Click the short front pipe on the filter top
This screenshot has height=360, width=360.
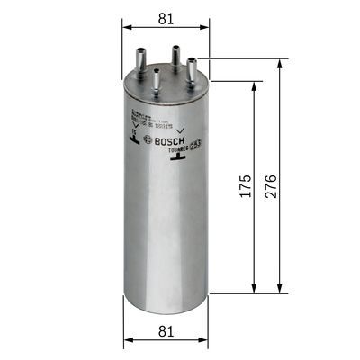pos(157,79)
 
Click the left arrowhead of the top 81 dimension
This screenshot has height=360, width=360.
pos(127,27)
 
